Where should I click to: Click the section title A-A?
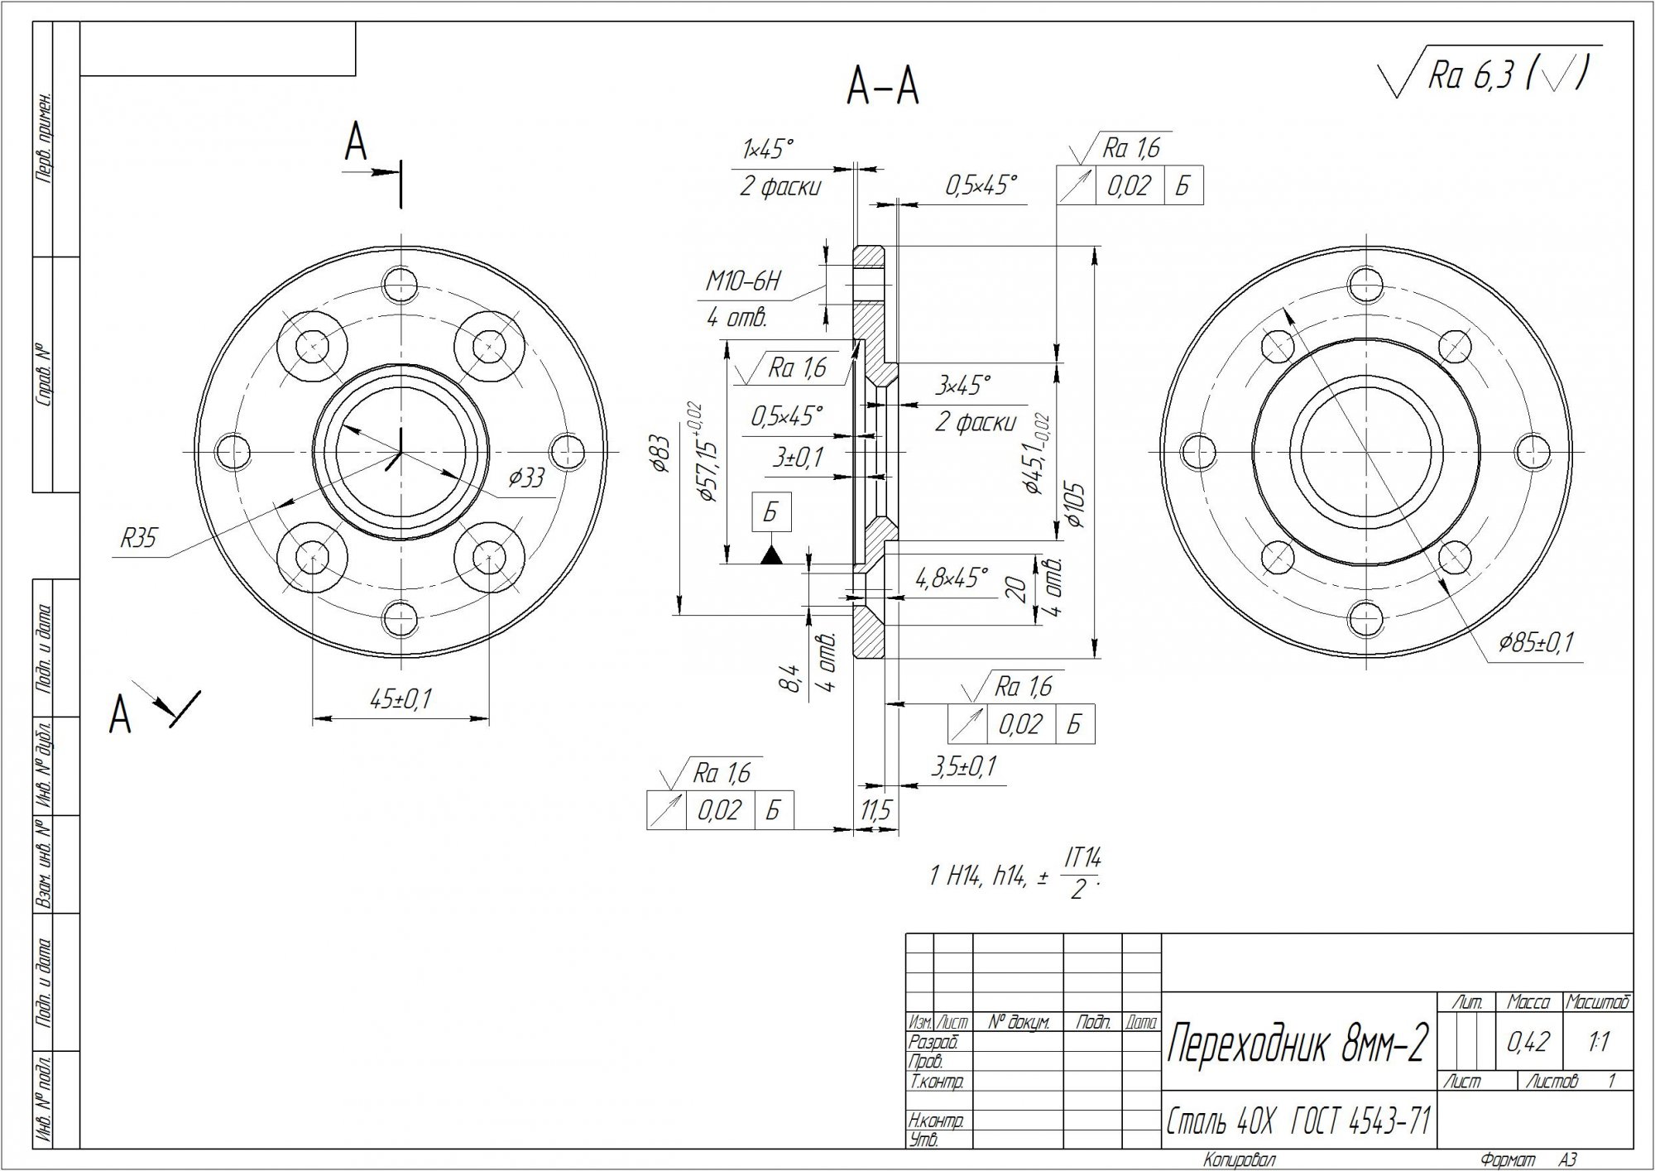point(883,88)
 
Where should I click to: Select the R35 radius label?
point(138,540)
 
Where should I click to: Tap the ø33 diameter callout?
point(526,478)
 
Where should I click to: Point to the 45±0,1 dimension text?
point(401,699)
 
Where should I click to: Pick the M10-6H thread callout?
point(742,282)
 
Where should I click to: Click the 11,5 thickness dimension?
point(875,810)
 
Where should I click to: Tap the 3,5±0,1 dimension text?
point(964,766)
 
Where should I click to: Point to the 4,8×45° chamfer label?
point(952,578)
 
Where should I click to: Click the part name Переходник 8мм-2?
point(1297,1045)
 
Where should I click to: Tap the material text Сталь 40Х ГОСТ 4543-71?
point(1298,1121)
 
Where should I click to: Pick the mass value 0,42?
point(1528,1042)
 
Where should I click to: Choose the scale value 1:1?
point(1599,1042)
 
